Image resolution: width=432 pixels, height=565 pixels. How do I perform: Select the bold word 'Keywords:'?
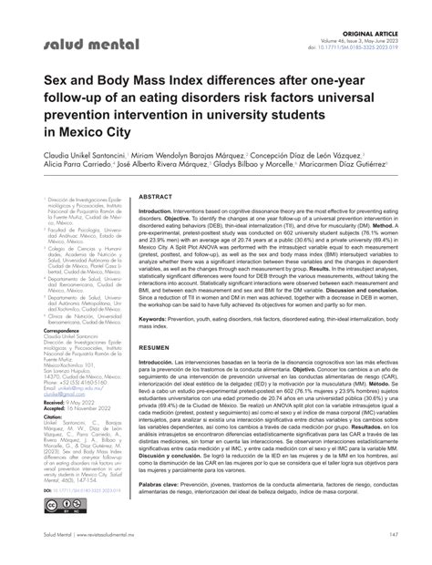pos(159,320)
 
